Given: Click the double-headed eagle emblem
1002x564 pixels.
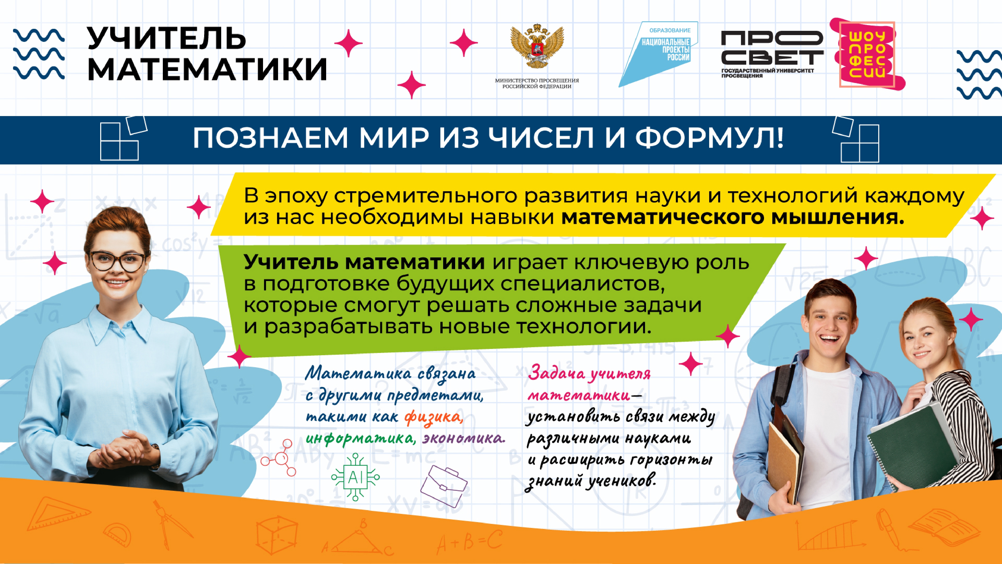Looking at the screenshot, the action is (537, 46).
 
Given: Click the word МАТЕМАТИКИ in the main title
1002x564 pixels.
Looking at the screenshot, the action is (207, 69).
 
